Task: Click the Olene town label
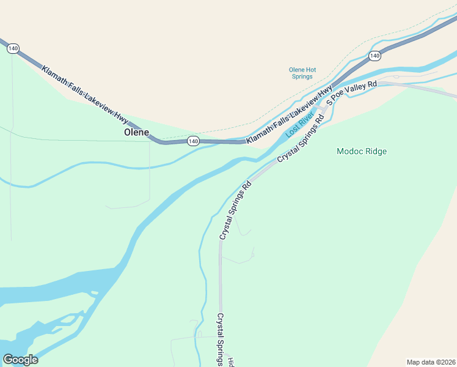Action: pyautogui.click(x=136, y=132)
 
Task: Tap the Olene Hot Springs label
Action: pyautogui.click(x=302, y=73)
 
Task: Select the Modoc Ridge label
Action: pyautogui.click(x=362, y=151)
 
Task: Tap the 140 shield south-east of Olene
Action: pyautogui.click(x=193, y=141)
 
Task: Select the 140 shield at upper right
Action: pyautogui.click(x=375, y=56)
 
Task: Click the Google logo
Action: pyautogui.click(x=20, y=359)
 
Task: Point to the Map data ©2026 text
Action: pyautogui.click(x=430, y=361)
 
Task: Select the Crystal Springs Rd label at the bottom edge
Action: pyautogui.click(x=221, y=340)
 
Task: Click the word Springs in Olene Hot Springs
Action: pyautogui.click(x=301, y=76)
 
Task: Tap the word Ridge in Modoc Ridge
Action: pyautogui.click(x=375, y=151)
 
